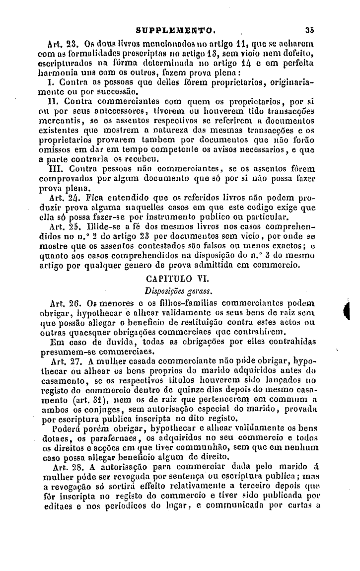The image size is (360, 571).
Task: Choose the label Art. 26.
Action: click(61, 302)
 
